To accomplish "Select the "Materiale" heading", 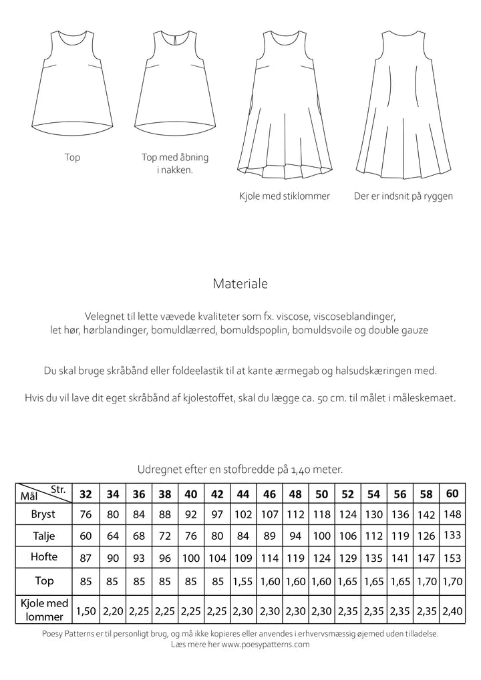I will (240, 283).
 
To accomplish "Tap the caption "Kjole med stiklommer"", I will (284, 196).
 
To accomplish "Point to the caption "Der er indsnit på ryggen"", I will (403, 196).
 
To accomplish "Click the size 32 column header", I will (86, 494).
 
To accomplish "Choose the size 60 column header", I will (452, 494).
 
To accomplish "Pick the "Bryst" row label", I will (43, 514).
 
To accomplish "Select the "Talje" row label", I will (43, 536).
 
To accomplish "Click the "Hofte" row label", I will (44, 556).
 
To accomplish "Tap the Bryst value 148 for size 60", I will (452, 514).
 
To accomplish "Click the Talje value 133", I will (452, 535).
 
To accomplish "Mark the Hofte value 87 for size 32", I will (86, 557).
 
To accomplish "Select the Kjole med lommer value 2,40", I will (452, 610).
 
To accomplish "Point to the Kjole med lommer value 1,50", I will (86, 610).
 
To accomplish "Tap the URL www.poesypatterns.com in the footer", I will (265, 645).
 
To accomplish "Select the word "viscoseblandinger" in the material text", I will (354, 315).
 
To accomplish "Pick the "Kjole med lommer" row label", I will (44, 610).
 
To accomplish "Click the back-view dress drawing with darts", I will (402, 107).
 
